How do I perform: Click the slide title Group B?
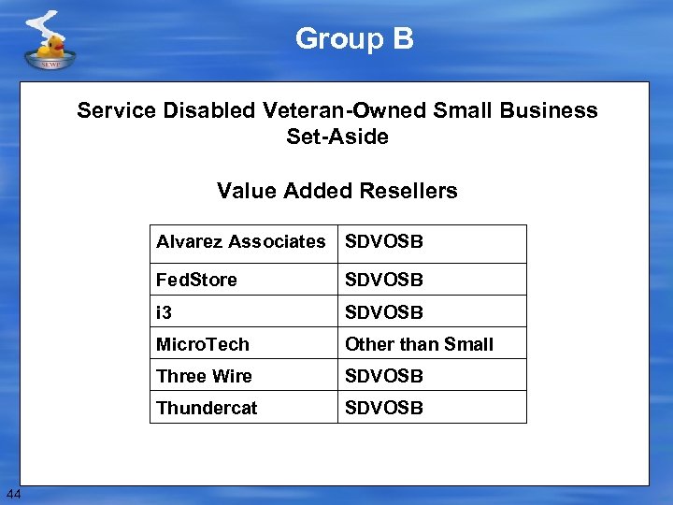point(354,38)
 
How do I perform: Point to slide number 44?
point(13,493)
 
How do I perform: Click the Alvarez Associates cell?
point(241,242)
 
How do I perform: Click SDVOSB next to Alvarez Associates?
point(384,242)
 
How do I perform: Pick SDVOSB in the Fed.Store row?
point(384,280)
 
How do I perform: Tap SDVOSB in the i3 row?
point(384,311)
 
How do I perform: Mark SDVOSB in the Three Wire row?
point(384,376)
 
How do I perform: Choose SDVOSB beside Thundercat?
point(384,408)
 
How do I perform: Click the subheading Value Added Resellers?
point(336,191)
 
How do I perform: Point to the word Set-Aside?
point(336,137)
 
